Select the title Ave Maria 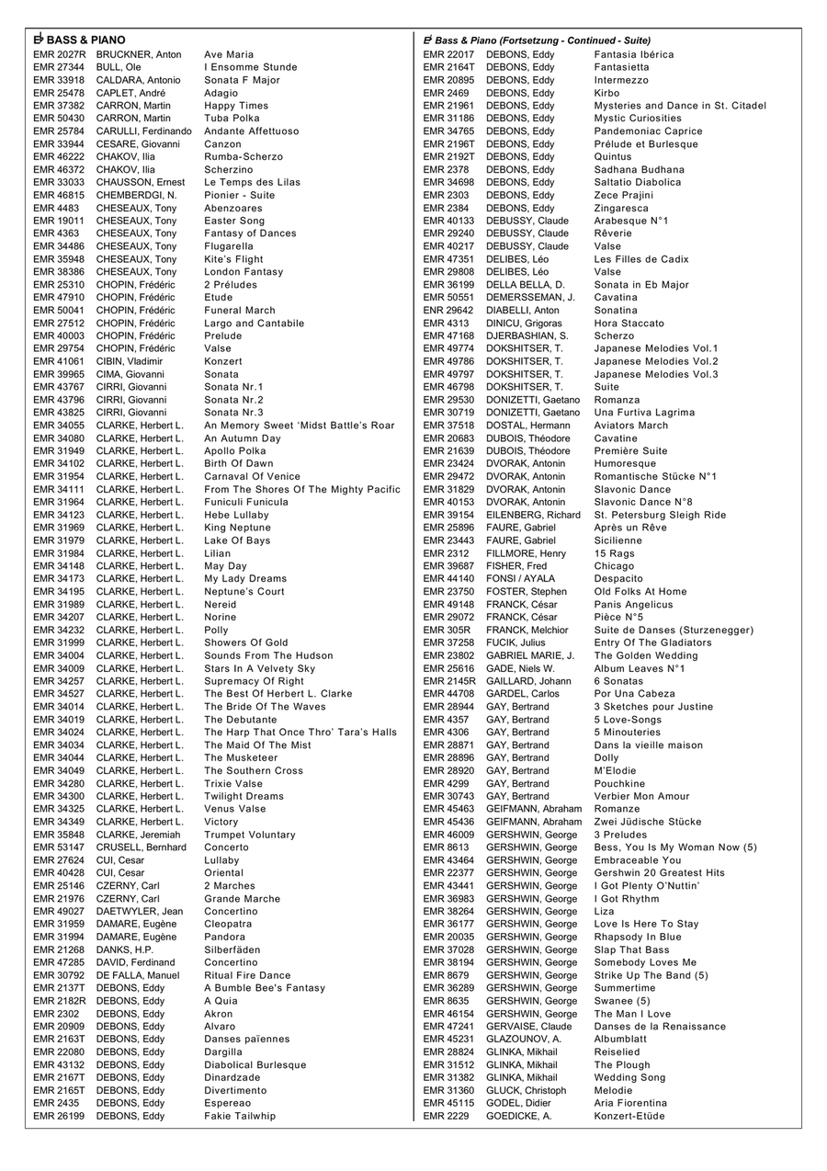[229, 54]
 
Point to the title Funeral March [239, 311]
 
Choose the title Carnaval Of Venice [252, 476]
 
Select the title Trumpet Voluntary [250, 835]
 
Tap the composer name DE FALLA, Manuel [138, 975]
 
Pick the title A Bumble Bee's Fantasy [265, 988]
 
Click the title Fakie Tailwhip [239, 1116]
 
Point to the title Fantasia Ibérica [633, 54]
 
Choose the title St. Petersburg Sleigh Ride [660, 515]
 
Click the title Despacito [618, 579]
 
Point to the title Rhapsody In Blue [638, 937]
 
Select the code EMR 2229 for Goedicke [446, 1116]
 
